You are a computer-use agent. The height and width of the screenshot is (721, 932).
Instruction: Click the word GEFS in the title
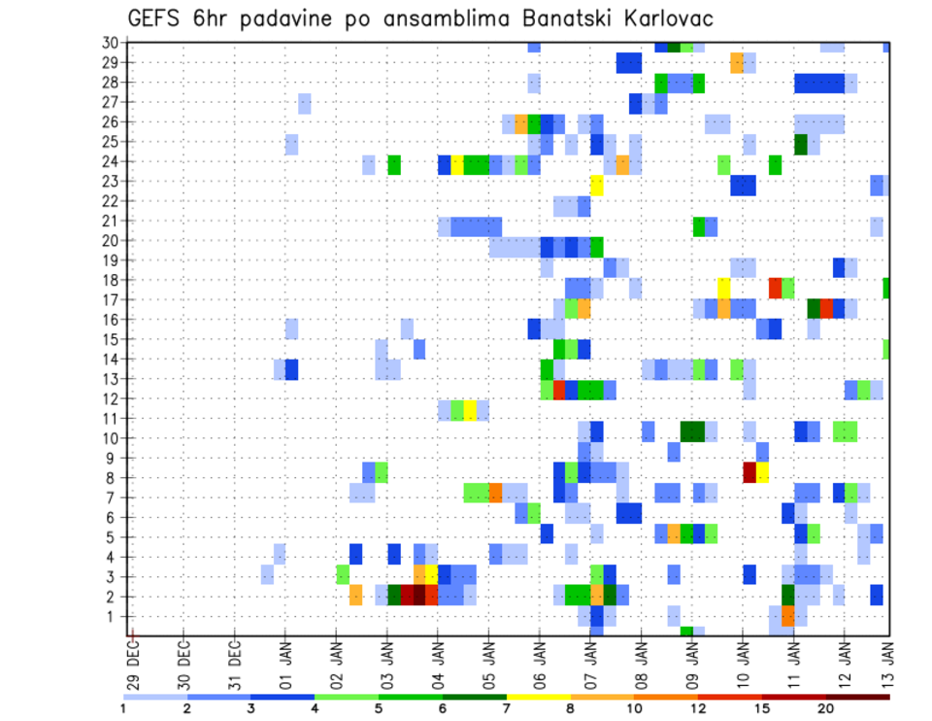156,19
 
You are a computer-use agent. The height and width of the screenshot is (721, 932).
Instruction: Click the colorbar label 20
825,709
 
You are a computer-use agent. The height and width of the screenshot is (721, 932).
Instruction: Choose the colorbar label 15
761,709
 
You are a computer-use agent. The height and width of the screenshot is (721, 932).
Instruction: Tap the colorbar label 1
123,709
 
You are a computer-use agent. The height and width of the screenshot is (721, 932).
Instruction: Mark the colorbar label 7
507,709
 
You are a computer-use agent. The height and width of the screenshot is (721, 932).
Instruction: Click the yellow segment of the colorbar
538,697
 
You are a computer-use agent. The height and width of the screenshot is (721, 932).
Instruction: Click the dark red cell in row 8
749,472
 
